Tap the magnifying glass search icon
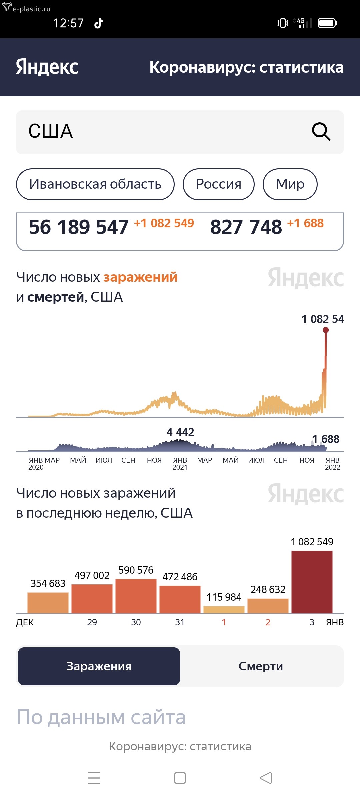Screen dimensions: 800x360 tap(321, 132)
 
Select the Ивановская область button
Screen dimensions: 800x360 tap(95, 184)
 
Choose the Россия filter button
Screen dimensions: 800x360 tap(218, 184)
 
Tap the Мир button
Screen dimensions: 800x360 tap(290, 184)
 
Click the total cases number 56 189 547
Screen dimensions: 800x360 tap(79, 227)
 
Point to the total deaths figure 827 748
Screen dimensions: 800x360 tap(246, 227)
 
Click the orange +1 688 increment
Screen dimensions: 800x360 tap(305, 223)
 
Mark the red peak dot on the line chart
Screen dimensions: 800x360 tap(326, 330)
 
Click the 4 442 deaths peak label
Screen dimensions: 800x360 tap(180, 432)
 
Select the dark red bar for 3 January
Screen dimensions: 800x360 tap(312, 582)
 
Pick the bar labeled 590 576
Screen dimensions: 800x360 tap(136, 596)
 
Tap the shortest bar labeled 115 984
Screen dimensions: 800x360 tap(224, 610)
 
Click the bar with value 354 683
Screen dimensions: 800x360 tap(48, 603)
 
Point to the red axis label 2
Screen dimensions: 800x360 tap(268, 622)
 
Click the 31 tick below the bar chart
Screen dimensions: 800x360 tap(180, 622)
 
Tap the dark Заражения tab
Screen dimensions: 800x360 tap(99, 666)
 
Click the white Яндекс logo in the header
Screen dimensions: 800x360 tap(47, 67)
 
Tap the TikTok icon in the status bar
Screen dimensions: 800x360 tap(99, 23)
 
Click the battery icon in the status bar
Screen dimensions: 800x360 tap(327, 23)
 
